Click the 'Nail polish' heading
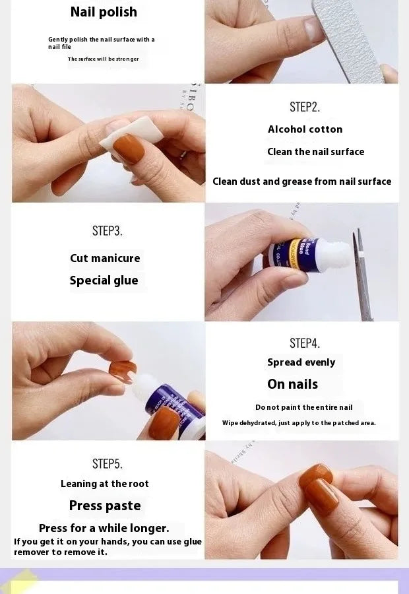pyautogui.click(x=104, y=12)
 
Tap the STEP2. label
pyautogui.click(x=305, y=107)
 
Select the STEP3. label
pyautogui.click(x=107, y=231)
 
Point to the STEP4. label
pyautogui.click(x=305, y=343)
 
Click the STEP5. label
pyautogui.click(x=107, y=464)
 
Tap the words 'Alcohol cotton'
pyautogui.click(x=305, y=129)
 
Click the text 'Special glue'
pyautogui.click(x=104, y=280)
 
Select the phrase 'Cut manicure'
pyautogui.click(x=105, y=258)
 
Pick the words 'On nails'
pyautogui.click(x=292, y=384)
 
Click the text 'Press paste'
pyautogui.click(x=105, y=506)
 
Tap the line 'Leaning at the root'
pyautogui.click(x=104, y=484)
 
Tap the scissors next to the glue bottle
pyautogui.click(x=362, y=275)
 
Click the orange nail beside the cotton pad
pyautogui.click(x=129, y=148)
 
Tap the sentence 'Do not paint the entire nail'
pyautogui.click(x=303, y=407)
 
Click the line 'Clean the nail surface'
pyautogui.click(x=316, y=152)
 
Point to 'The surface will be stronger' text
pyautogui.click(x=103, y=59)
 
